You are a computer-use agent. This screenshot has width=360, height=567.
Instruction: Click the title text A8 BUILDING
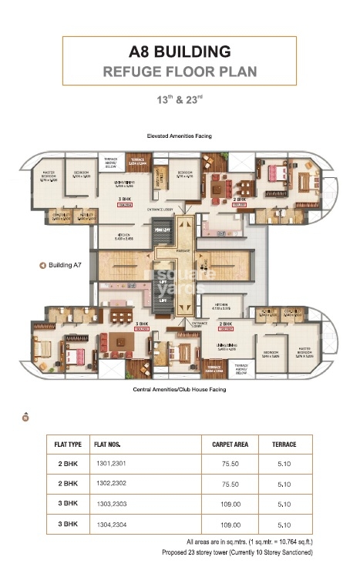(180, 52)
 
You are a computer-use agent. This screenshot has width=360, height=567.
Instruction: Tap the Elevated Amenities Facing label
(180, 136)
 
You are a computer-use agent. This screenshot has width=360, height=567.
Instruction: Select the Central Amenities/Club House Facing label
(180, 390)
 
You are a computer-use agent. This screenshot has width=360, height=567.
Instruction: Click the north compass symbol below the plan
(25, 418)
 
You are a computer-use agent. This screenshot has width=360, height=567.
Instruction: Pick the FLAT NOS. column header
(107, 445)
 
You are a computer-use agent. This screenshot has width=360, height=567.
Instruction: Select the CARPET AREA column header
(229, 445)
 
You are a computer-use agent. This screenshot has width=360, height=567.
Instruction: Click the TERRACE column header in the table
(284, 445)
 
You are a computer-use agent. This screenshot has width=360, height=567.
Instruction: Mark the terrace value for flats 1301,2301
(284, 465)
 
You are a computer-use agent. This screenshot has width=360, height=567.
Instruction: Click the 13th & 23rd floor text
(180, 99)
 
